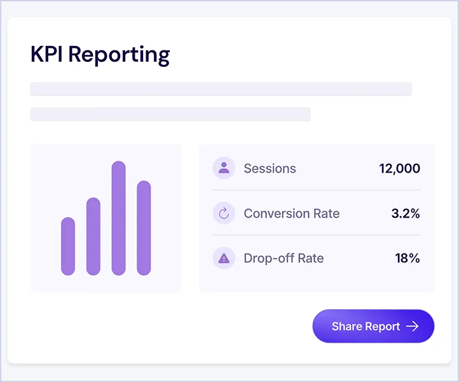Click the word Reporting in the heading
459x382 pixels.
(x=119, y=55)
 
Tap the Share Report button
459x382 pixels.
(x=373, y=327)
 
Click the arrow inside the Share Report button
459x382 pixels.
(x=413, y=327)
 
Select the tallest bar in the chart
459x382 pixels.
(x=119, y=218)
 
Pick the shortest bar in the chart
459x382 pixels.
(x=68, y=246)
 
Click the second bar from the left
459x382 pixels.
(x=93, y=236)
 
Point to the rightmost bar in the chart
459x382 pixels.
(x=144, y=228)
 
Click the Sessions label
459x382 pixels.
(x=270, y=169)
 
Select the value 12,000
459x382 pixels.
(x=399, y=169)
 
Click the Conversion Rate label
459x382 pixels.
(x=291, y=213)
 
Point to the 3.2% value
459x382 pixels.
(x=405, y=213)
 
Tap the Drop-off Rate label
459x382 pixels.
(x=284, y=258)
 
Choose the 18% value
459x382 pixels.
(x=408, y=258)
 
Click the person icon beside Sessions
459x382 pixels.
(x=224, y=168)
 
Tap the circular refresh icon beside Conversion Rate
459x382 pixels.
(x=224, y=213)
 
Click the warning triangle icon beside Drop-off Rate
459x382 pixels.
(x=224, y=258)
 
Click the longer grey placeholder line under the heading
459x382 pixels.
(x=221, y=89)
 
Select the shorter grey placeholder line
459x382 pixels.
(x=170, y=115)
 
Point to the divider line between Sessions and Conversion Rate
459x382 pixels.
(x=316, y=190)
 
